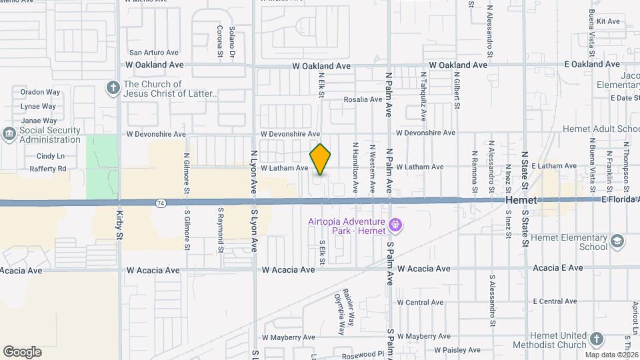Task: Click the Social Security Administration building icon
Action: (x=9, y=135)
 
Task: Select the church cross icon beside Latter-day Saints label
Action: (x=113, y=87)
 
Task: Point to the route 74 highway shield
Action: (x=161, y=202)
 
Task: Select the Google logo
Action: (x=22, y=351)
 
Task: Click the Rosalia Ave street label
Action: (x=363, y=99)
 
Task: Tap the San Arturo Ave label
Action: (x=154, y=52)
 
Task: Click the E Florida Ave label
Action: (x=620, y=199)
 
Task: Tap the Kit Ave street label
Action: (x=608, y=21)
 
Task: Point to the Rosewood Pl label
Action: (x=363, y=355)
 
